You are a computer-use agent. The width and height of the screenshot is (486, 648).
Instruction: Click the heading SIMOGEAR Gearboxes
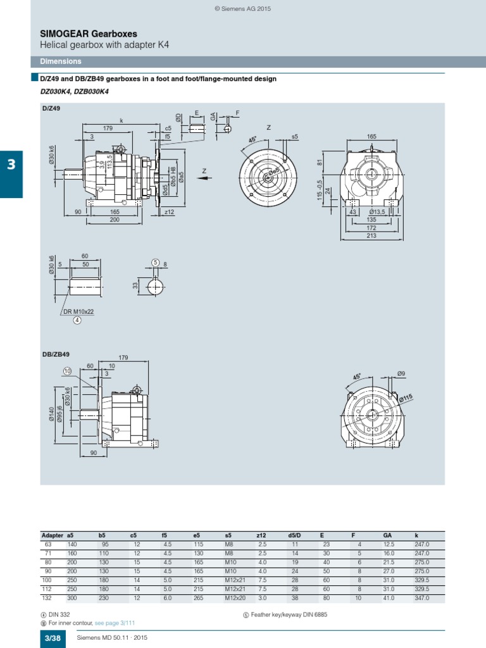pyautogui.click(x=88, y=33)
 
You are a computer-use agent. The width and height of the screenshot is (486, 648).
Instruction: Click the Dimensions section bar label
pyautogui.click(x=61, y=61)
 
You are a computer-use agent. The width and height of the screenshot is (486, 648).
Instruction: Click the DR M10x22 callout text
pyautogui.click(x=78, y=312)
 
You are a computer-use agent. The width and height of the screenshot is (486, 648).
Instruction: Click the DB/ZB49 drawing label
pyautogui.click(x=54, y=355)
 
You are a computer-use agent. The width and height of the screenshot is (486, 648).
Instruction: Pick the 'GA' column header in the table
pyautogui.click(x=387, y=535)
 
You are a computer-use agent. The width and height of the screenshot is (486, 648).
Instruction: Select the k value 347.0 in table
pyautogui.click(x=421, y=597)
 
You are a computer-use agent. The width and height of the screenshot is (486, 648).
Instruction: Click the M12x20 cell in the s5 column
pyautogui.click(x=234, y=597)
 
